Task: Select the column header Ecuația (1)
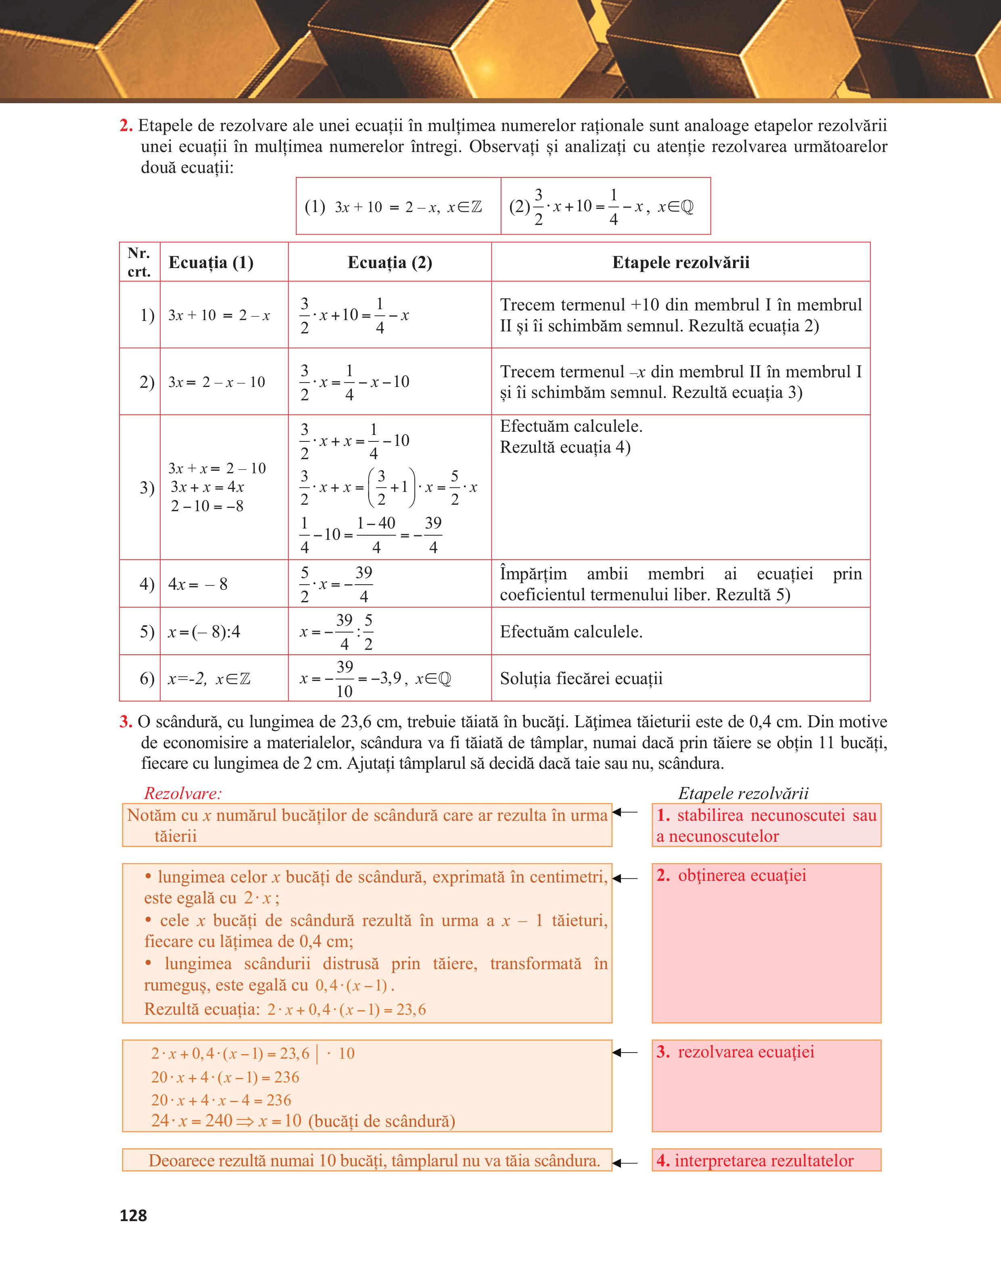pos(211,262)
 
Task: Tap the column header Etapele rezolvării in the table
pos(681,262)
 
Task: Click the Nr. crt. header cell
pos(139,262)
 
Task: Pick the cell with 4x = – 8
pos(198,584)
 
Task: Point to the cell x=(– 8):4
pos(204,632)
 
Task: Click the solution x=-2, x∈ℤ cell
pos(209,679)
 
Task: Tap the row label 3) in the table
pos(147,487)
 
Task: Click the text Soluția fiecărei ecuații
pos(581,679)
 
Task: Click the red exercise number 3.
pos(125,722)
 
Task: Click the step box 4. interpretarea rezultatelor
pos(766,1161)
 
